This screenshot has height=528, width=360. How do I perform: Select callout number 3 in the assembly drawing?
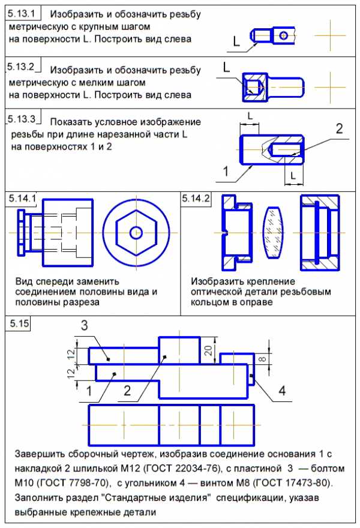[x=84, y=325]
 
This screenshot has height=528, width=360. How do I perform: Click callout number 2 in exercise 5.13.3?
[x=339, y=128]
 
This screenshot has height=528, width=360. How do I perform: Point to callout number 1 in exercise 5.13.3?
[x=226, y=172]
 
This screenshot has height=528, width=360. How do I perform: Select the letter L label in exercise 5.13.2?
[x=226, y=68]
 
